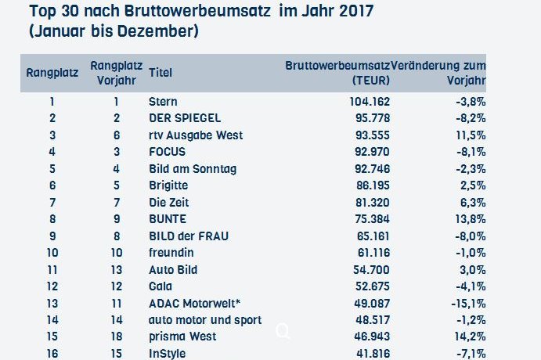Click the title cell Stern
pos(163,101)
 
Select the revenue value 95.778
pos(369,118)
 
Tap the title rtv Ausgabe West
pos(195,135)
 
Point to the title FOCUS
pos(168,152)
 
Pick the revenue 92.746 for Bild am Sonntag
pos(369,168)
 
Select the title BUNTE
pos(168,219)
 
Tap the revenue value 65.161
pos(370,236)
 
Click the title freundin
pos(171,253)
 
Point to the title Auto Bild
pos(172,269)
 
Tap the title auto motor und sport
pos(204,320)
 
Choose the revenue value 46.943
pos(369,337)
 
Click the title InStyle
pos(167,354)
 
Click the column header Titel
pos(160,73)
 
